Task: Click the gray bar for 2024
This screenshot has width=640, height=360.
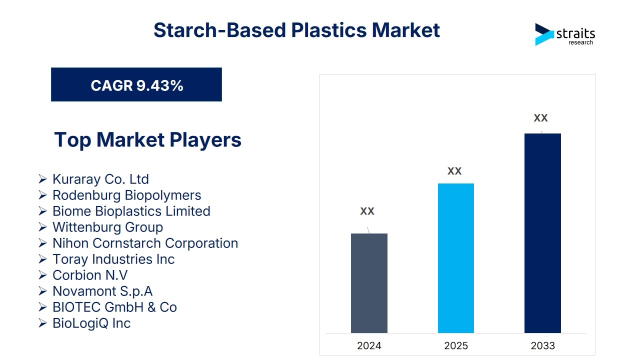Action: [x=369, y=283]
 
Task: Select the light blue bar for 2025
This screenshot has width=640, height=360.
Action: [x=455, y=258]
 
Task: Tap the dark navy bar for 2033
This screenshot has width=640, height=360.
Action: [x=542, y=233]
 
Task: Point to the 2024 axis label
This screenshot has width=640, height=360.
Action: [x=369, y=345]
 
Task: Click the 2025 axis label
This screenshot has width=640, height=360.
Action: [x=456, y=345]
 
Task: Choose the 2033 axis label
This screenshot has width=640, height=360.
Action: [x=543, y=345]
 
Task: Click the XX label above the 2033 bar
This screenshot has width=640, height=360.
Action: [x=540, y=118]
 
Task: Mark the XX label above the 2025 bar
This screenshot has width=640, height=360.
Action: [x=454, y=171]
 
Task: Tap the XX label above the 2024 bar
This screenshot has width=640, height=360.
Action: [x=367, y=211]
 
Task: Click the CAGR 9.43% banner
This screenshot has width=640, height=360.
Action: [x=136, y=84]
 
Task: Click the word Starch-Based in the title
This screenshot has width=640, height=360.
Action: [x=219, y=30]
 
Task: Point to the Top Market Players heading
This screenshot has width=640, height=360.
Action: [x=147, y=139]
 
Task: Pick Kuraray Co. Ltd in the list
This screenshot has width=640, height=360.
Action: [x=100, y=179]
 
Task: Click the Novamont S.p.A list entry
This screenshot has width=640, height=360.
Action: [x=102, y=291]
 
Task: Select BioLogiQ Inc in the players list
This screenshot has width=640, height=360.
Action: [x=91, y=323]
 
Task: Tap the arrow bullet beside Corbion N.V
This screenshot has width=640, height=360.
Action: [x=42, y=275]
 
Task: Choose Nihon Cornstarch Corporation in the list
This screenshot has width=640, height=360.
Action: [x=145, y=243]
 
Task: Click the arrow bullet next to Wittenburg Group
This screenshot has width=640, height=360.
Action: [x=42, y=227]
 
